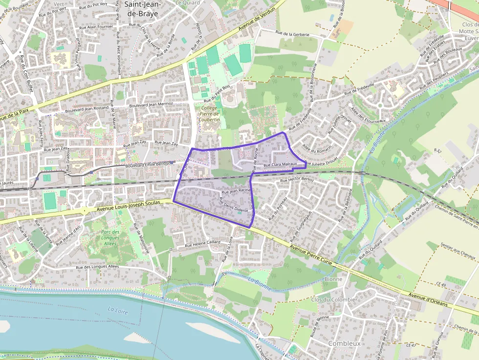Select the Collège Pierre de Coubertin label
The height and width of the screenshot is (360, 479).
(x=209, y=113)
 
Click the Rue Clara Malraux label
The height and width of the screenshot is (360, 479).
(x=280, y=165)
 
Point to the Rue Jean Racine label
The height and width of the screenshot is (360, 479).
(x=236, y=190)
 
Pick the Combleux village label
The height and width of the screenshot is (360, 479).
(x=344, y=343)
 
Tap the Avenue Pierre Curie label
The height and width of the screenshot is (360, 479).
(x=311, y=255)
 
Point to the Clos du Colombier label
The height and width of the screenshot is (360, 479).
(x=334, y=299)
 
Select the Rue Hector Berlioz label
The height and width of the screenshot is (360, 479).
(x=297, y=180)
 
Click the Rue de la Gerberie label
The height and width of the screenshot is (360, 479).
(x=293, y=34)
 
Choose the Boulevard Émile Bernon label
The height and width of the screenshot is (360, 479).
(x=144, y=166)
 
